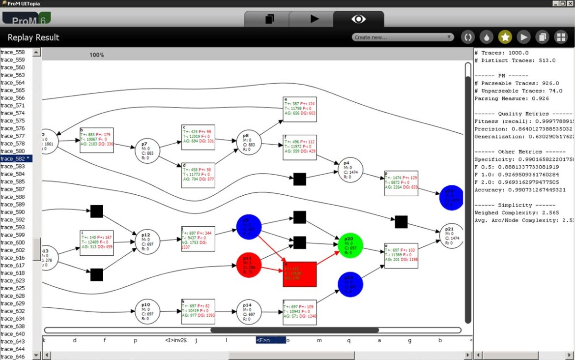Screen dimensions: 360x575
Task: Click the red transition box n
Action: (x=299, y=274)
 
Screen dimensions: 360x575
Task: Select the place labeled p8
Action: (x=249, y=143)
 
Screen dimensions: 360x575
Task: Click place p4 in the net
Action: (x=350, y=170)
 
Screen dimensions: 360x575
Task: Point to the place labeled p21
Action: (x=452, y=236)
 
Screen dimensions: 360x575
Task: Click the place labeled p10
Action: (x=147, y=311)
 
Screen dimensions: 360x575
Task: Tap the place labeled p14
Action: (x=249, y=312)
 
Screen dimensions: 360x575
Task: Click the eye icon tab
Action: (x=358, y=19)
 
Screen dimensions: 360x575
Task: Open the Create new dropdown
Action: (x=403, y=37)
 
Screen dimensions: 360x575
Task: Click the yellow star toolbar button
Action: (x=505, y=37)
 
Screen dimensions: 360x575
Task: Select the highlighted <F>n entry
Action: (x=270, y=340)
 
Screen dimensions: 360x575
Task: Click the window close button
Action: (x=570, y=3)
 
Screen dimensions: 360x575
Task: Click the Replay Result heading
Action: (x=33, y=37)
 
